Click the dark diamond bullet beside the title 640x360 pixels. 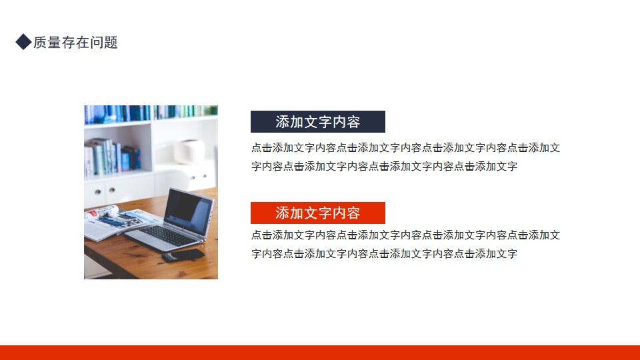click(23, 43)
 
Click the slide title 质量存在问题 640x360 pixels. click(75, 43)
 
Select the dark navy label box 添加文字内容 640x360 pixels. click(317, 122)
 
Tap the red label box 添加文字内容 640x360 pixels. click(317, 213)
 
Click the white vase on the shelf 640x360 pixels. click(189, 151)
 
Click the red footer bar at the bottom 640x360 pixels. click(320, 353)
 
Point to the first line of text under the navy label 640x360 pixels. click(405, 148)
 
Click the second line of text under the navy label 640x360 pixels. click(384, 167)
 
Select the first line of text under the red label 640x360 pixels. click(405, 235)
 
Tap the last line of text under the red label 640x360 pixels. click(384, 254)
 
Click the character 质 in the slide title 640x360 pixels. click(40, 43)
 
